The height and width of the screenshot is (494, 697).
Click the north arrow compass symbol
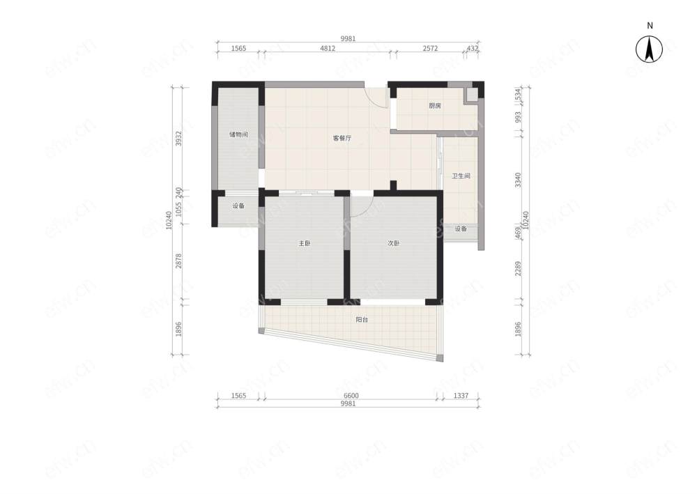coord(649,49)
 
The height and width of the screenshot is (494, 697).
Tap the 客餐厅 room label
coord(342,138)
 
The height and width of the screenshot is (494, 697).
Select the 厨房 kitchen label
coord(435,106)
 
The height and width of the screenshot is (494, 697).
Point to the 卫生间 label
coord(461,176)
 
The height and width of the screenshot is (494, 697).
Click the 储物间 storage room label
coord(238,134)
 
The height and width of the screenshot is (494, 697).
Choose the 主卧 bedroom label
coord(305,243)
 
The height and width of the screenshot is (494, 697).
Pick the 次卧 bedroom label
coord(393,243)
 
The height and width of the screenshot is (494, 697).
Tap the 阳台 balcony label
coord(362,319)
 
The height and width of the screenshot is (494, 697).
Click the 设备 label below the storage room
coord(238,206)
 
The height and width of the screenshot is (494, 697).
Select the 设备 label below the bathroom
coord(461,229)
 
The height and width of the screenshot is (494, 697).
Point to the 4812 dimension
coord(328,48)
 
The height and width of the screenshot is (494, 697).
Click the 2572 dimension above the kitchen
coord(430,48)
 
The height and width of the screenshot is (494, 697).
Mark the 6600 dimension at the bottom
coord(351,395)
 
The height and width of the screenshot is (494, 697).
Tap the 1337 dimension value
coord(461,395)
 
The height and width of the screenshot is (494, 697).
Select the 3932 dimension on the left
coord(178,139)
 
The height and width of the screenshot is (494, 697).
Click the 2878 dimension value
coord(178,261)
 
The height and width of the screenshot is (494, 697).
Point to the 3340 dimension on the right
coord(518,180)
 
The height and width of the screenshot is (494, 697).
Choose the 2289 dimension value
coord(518,268)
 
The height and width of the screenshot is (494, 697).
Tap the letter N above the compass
coord(650,26)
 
